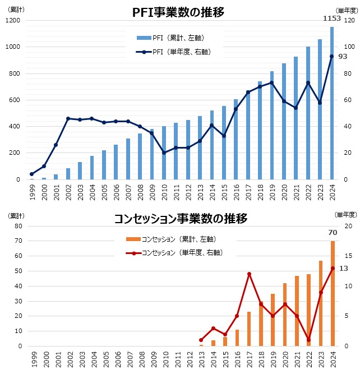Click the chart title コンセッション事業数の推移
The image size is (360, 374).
point(180,219)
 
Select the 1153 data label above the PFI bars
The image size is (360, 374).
point(331,18)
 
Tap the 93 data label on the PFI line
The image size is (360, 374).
point(342,57)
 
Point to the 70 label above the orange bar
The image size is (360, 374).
point(332,232)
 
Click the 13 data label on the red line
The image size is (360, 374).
point(343,269)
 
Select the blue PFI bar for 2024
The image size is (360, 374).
point(332,103)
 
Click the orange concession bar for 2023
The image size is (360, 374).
point(320,303)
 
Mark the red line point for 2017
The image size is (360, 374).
point(249,274)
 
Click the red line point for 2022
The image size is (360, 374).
point(308,340)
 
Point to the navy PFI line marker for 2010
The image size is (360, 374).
point(164,153)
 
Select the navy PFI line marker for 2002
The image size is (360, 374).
point(68,118)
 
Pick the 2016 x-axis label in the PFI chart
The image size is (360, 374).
point(236,192)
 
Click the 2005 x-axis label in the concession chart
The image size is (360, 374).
point(104,359)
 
